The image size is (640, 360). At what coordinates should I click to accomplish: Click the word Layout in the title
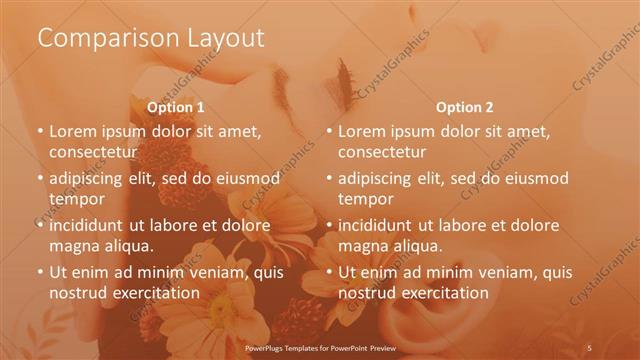(225, 38)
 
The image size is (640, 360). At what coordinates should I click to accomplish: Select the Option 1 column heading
(176, 107)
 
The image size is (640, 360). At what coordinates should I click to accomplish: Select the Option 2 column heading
(465, 107)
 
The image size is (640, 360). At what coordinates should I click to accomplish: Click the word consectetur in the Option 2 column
(382, 152)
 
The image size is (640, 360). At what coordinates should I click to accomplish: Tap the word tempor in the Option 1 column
(73, 198)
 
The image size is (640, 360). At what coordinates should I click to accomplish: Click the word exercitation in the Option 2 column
(440, 293)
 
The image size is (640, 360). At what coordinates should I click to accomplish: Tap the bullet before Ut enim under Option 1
(40, 272)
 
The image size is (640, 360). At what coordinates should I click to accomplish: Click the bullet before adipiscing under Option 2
(329, 178)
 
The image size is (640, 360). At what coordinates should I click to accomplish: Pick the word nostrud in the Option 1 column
(76, 293)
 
